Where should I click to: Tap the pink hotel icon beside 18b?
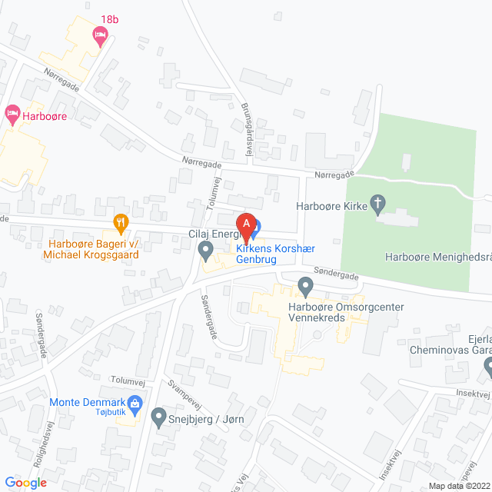(99, 35)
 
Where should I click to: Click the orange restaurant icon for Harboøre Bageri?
(121, 224)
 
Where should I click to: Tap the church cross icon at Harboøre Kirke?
(377, 205)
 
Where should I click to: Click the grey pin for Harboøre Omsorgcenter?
(305, 288)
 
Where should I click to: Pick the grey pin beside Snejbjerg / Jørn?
(159, 417)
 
